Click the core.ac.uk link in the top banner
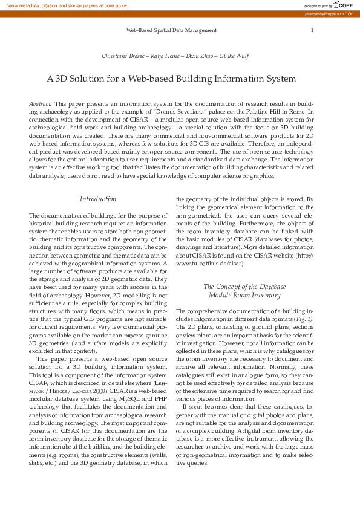click(116, 5)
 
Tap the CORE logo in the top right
click(339, 5)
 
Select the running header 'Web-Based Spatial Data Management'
click(171, 30)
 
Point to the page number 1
click(312, 30)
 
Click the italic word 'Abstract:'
click(41, 104)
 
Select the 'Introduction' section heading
click(98, 199)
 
